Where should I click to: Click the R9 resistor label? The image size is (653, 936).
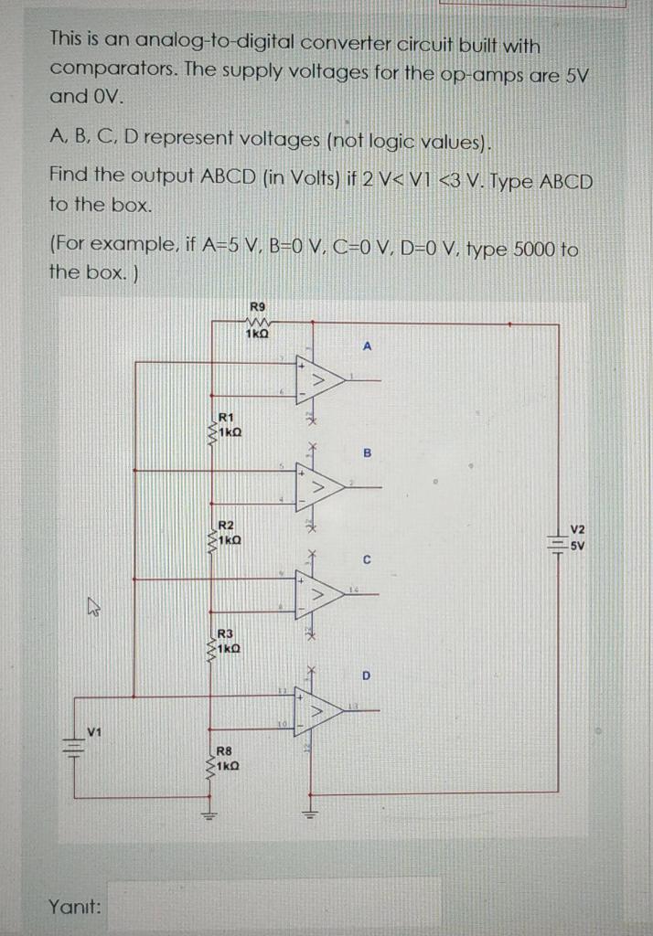(257, 307)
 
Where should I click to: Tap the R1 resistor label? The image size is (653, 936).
(226, 417)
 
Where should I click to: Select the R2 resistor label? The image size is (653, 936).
(226, 525)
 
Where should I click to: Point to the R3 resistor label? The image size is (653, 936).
(226, 633)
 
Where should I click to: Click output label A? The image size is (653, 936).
(368, 346)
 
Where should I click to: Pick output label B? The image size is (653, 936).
(368, 452)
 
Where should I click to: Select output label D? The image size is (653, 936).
(367, 676)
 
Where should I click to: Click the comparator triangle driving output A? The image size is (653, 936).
(319, 378)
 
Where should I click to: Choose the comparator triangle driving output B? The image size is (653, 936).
(319, 487)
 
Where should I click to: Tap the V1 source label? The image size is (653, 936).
(93, 729)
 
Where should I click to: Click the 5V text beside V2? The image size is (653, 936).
(578, 546)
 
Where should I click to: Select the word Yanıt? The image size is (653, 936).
(75, 907)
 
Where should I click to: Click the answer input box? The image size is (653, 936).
(274, 905)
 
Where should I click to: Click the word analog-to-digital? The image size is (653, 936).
(230, 45)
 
